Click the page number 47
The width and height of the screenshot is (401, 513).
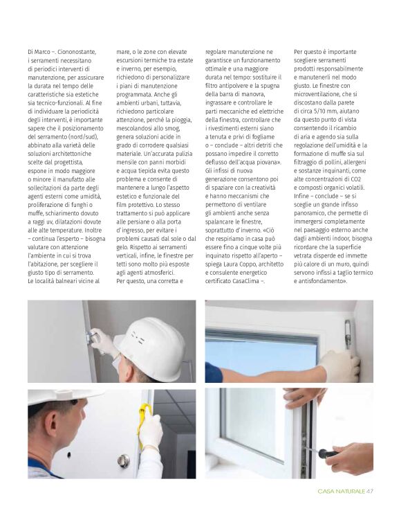370,492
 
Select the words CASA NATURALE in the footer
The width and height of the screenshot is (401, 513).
341,492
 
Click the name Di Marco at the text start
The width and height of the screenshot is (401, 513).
39,52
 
